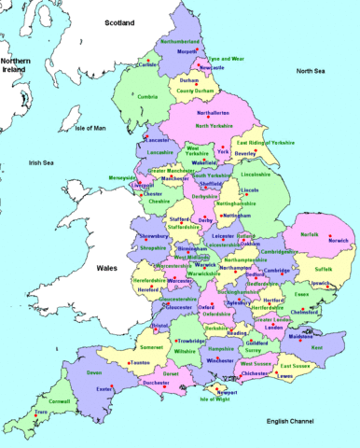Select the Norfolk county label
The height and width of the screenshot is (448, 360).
click(309, 234)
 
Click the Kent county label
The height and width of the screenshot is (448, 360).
click(316, 347)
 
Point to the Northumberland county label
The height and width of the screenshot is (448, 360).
click(181, 41)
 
